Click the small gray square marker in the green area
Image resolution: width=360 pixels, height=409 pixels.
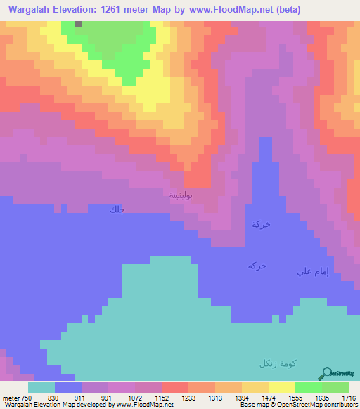coord(77,23)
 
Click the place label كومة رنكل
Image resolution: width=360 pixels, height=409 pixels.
coord(277,363)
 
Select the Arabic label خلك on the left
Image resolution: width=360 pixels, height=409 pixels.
coord(117,209)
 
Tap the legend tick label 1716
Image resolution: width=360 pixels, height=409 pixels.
coord(349,398)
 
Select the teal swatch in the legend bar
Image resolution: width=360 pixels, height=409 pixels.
coord(41,387)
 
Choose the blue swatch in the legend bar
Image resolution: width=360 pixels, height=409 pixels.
coord(67,387)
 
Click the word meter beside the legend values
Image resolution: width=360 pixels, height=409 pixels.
coord(11,398)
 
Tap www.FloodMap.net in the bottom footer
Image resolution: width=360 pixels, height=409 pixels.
coord(145,405)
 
